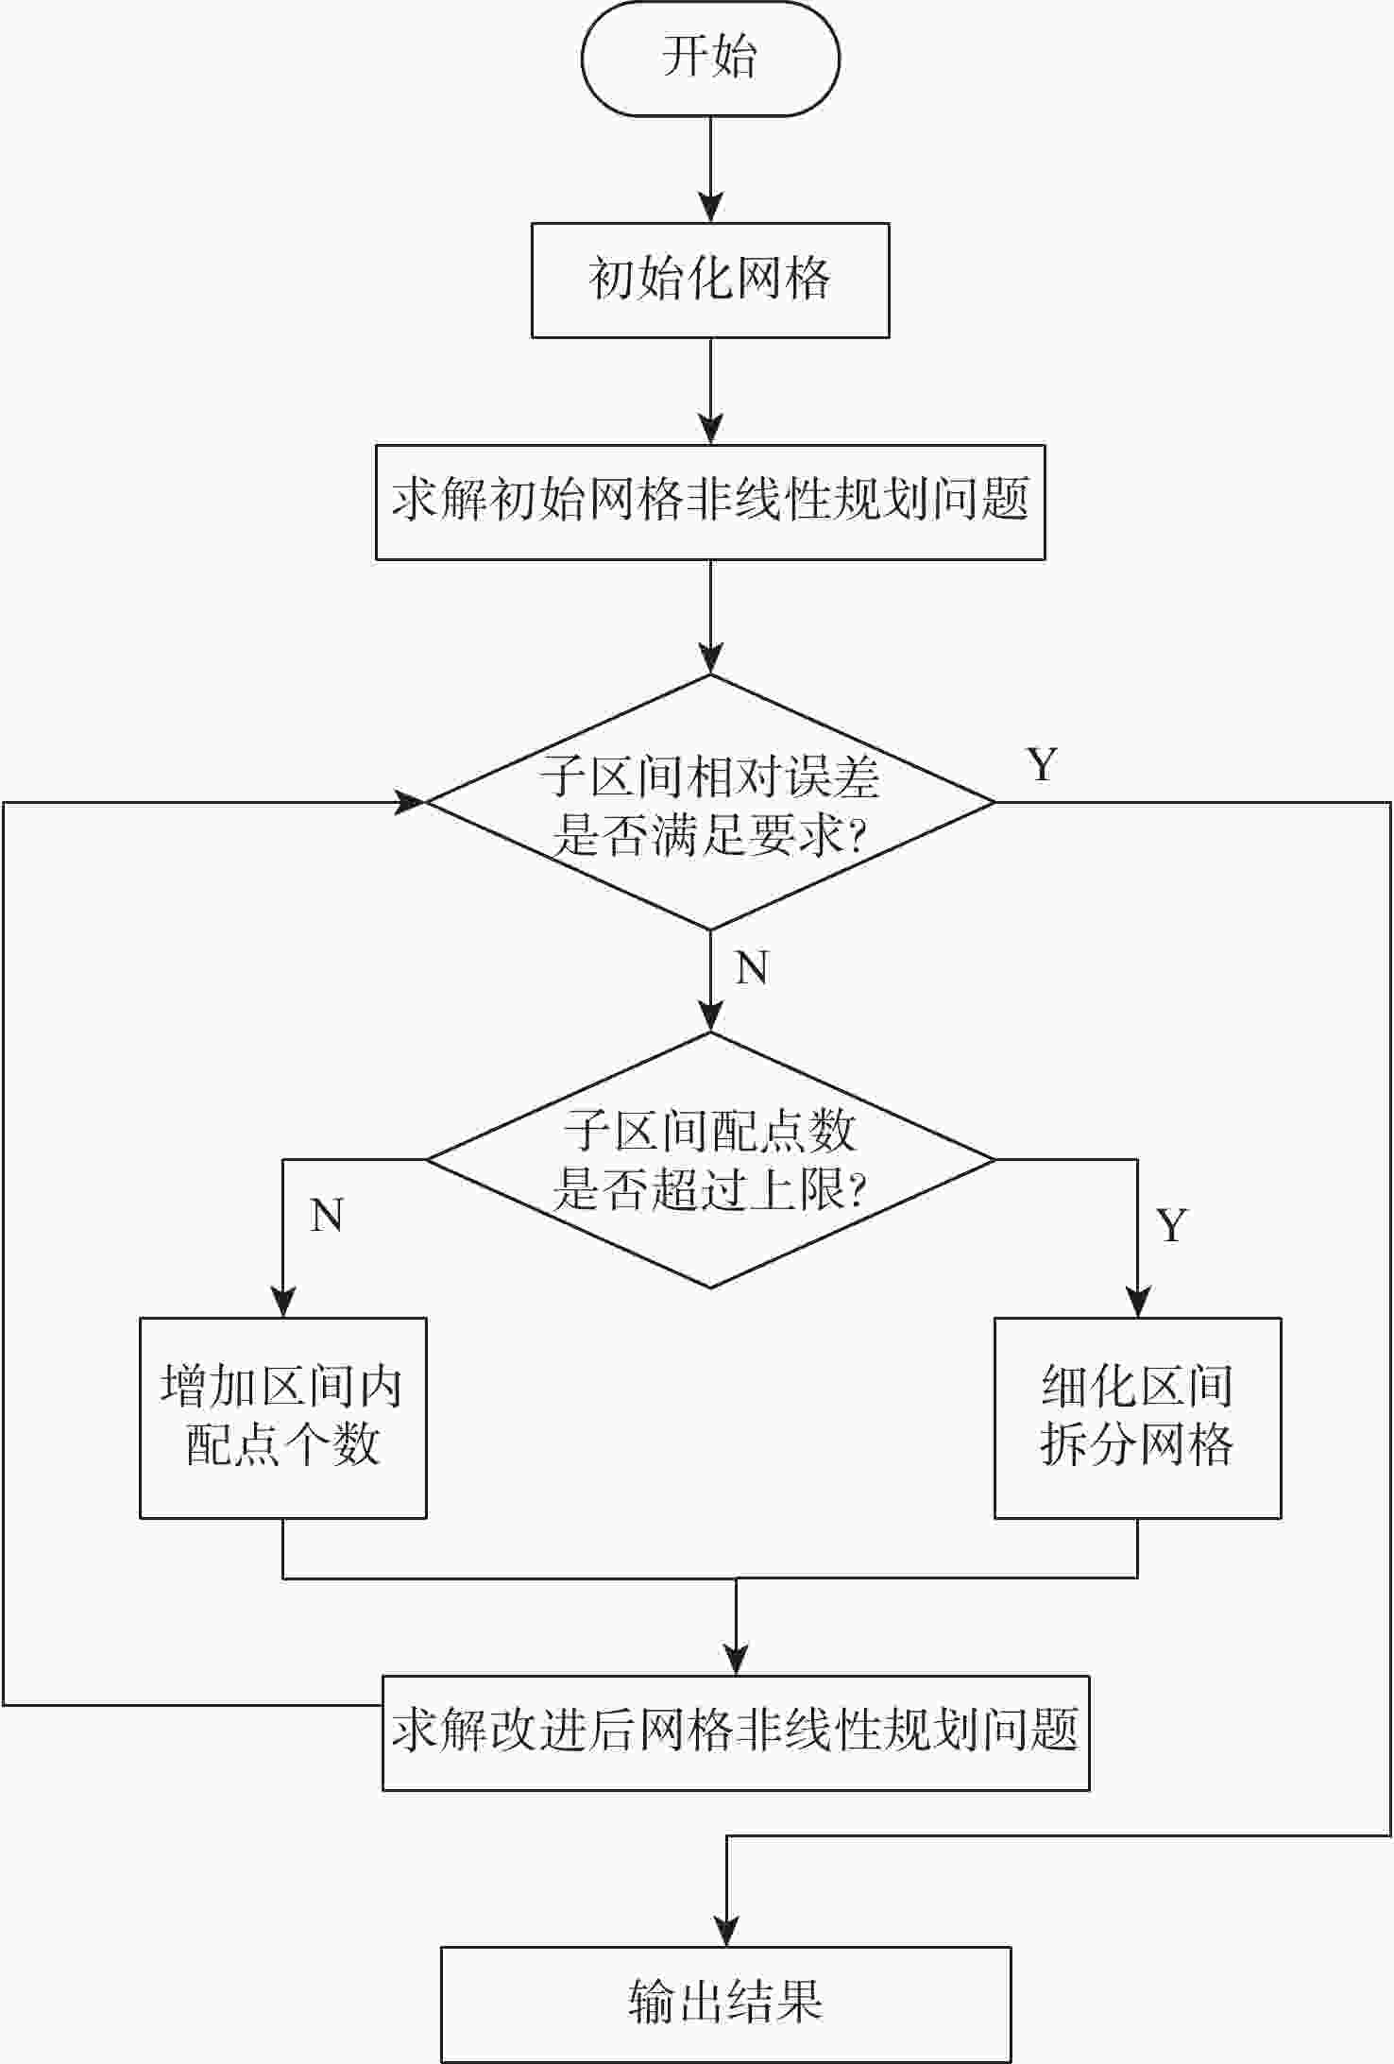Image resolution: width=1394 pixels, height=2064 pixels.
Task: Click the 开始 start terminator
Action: point(710,59)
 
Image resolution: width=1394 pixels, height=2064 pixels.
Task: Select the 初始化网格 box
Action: point(710,281)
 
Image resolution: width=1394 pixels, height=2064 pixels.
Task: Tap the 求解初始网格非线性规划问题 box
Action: point(710,503)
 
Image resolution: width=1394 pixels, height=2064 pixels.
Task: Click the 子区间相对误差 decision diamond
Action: point(710,803)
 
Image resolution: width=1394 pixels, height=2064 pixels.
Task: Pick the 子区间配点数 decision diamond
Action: point(710,1160)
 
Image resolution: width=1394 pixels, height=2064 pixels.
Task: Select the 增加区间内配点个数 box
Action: point(283,1418)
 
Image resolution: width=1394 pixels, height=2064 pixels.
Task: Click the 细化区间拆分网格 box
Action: point(1137,1418)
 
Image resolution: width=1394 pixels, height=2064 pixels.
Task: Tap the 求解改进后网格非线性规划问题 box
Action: point(736,1732)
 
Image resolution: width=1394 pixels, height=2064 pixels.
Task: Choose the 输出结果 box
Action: point(725,2004)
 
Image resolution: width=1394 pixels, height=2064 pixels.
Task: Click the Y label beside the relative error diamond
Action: point(1042,764)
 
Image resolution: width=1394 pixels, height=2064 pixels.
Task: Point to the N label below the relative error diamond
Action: point(752,968)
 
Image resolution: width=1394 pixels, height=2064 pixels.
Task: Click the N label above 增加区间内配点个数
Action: point(327,1216)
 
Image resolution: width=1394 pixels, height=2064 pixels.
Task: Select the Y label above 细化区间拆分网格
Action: point(1172,1226)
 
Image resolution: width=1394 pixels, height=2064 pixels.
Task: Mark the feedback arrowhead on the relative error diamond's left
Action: point(412,803)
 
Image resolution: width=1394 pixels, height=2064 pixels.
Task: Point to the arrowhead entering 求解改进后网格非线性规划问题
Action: point(736,1660)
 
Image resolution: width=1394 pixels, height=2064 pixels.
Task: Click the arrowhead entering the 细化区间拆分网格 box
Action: point(1137,1303)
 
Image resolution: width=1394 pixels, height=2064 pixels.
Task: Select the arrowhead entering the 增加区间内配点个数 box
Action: point(283,1303)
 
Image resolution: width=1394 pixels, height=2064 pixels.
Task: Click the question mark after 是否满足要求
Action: point(857,837)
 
